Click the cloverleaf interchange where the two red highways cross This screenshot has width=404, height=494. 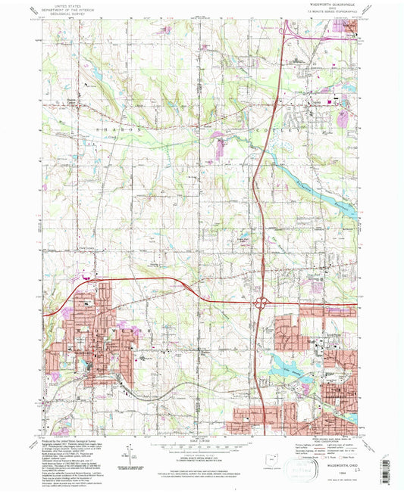point(260,303)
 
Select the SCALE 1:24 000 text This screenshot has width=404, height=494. point(201,440)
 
